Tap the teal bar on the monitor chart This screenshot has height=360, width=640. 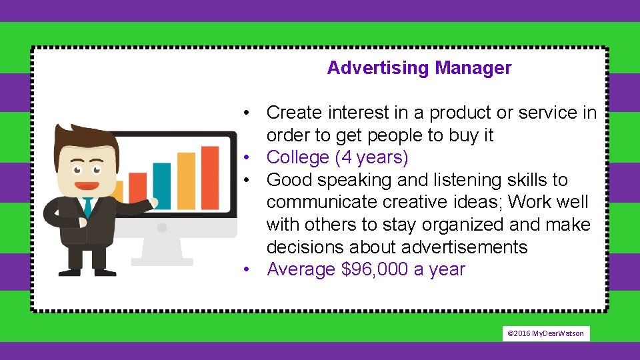pyautogui.click(x=162, y=177)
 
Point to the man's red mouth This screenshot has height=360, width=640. pyautogui.click(x=85, y=183)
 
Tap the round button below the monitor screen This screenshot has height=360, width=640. pyautogui.click(x=161, y=227)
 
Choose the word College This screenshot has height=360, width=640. pyautogui.click(x=298, y=158)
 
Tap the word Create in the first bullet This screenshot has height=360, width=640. pyautogui.click(x=295, y=113)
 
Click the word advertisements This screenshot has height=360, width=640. pyautogui.click(x=464, y=247)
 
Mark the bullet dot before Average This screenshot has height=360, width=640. pyautogui.click(x=246, y=269)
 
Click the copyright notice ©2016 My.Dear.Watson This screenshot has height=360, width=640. pyautogui.click(x=545, y=333)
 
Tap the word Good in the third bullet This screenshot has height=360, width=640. pyautogui.click(x=289, y=180)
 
